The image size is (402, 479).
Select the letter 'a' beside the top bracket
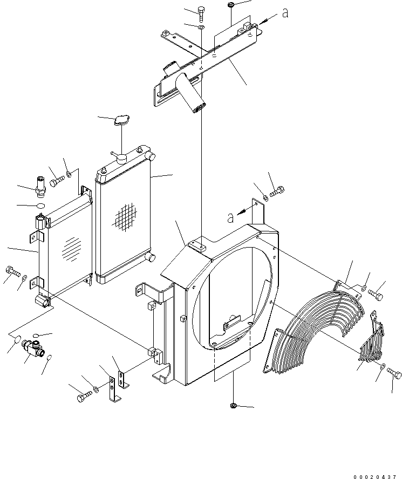click(x=285, y=13)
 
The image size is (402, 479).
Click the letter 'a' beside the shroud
click(x=230, y=217)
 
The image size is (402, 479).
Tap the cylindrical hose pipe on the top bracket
click(x=192, y=94)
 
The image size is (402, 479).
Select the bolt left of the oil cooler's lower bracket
click(x=11, y=269)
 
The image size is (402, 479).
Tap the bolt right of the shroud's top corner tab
click(x=278, y=190)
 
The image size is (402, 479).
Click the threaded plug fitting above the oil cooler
click(x=41, y=184)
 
